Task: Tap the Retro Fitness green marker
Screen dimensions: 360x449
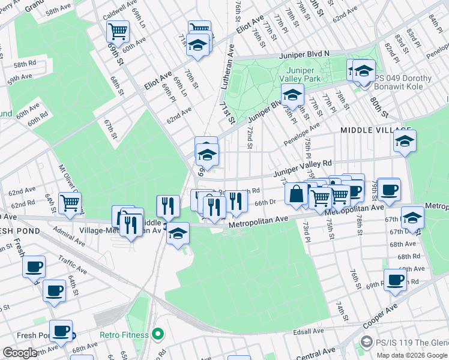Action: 158,332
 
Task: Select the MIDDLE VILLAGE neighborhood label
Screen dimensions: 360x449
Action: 375,130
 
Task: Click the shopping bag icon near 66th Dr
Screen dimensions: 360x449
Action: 296,194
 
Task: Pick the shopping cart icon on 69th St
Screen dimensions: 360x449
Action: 118,30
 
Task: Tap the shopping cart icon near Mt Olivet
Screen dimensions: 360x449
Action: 70,203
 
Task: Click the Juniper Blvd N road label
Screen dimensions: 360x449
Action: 306,53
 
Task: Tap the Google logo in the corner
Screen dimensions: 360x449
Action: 19,353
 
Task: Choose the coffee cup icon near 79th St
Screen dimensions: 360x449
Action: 389,189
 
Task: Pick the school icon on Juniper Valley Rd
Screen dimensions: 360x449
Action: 405,142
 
